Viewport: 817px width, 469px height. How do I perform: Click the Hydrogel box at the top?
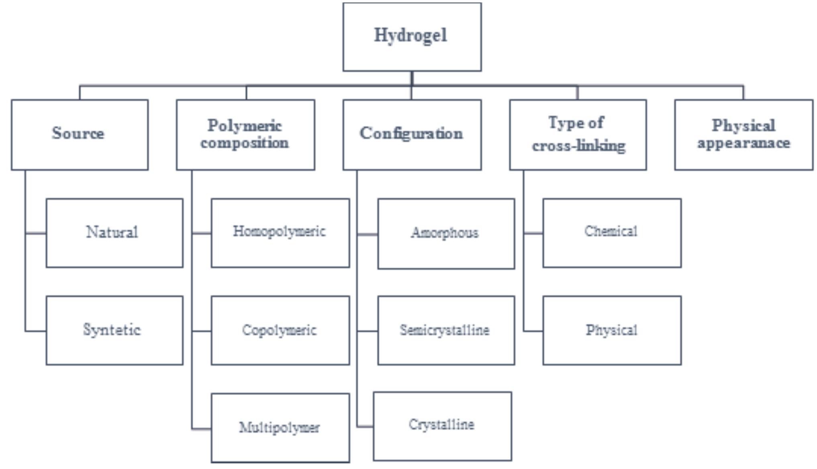(412, 37)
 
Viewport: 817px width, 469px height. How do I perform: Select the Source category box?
(80, 135)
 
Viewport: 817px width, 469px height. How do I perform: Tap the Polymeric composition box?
(245, 135)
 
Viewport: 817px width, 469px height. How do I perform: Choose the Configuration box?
(412, 135)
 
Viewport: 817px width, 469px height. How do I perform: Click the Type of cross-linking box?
(578, 135)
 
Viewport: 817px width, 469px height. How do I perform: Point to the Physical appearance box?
(743, 135)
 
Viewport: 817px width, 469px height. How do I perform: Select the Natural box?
(114, 233)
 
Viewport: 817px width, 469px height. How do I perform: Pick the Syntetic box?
(114, 331)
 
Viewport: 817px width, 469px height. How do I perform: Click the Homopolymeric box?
(280, 233)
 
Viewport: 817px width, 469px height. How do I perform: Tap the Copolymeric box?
(280, 331)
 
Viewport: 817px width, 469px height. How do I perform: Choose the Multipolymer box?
(280, 428)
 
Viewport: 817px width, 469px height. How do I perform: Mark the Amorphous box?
(446, 234)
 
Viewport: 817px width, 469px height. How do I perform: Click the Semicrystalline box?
(446, 331)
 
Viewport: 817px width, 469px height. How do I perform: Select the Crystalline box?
(442, 426)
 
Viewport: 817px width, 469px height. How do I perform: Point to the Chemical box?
(612, 233)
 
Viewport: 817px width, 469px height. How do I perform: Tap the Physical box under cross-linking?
(612, 331)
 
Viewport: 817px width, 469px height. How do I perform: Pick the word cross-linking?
(579, 146)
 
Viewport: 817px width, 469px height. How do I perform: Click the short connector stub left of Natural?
(36, 233)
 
